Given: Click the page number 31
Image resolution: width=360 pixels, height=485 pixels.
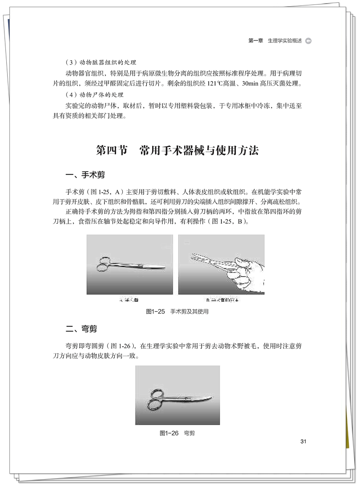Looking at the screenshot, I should click(303, 441).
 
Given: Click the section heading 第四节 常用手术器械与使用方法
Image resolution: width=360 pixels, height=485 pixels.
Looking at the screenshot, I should click(178, 150).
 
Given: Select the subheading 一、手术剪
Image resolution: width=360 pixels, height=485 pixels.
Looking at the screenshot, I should click(85, 174).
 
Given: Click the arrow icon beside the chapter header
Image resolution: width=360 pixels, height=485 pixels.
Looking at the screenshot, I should click(308, 41).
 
